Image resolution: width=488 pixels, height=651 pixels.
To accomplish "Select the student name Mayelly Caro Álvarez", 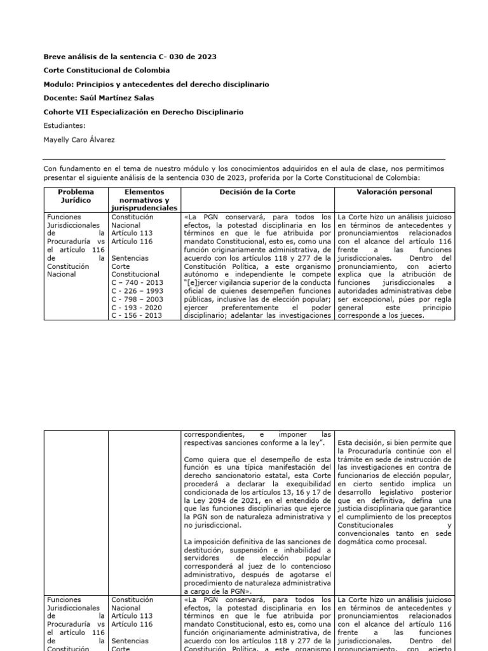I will [79, 139].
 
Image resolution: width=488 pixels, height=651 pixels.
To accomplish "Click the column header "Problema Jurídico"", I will [76, 196].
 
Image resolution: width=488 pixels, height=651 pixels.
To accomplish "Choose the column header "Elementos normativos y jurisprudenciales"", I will [144, 200].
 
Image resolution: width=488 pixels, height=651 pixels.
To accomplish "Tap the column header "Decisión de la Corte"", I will [257, 191].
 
